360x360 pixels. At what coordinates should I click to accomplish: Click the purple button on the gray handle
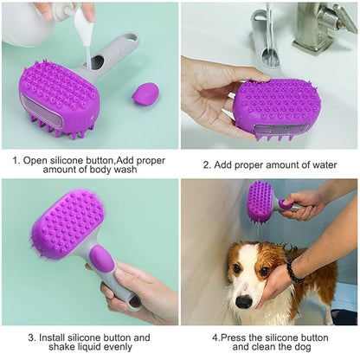100,259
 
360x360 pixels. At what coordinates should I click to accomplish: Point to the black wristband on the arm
295,271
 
